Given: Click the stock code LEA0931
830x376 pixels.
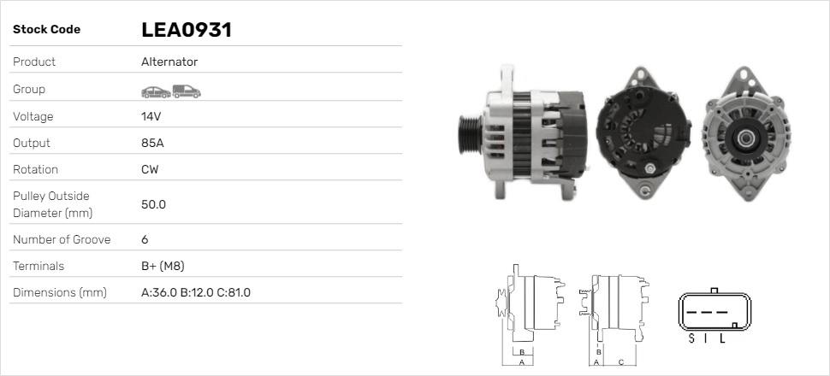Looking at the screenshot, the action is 187,30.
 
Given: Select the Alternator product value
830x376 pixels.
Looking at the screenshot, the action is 169,62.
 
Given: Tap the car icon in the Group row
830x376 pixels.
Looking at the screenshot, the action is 156,92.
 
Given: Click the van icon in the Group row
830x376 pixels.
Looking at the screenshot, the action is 187,91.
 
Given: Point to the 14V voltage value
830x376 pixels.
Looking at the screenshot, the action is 151,116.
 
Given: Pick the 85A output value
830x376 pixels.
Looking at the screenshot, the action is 152,143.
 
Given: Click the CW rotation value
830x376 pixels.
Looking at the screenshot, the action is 150,169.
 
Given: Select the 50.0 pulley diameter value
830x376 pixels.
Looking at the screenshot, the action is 153,204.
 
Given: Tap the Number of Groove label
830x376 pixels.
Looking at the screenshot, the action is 62,239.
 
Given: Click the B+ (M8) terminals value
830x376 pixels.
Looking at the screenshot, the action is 163,266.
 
